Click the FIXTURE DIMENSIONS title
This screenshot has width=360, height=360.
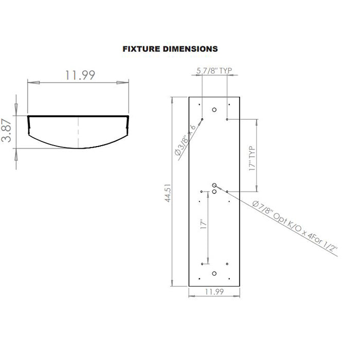click(x=170, y=49)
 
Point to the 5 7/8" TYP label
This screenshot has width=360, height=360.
click(x=215, y=71)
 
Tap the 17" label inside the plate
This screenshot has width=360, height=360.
click(x=203, y=225)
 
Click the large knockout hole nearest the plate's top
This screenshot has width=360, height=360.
click(x=215, y=109)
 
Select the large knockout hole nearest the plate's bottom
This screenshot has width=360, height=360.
click(x=215, y=274)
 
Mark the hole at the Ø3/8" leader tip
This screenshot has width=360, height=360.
click(x=203, y=119)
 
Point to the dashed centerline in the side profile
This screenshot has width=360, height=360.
click(x=78, y=131)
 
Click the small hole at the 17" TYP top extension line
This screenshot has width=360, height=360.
click(x=227, y=119)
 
